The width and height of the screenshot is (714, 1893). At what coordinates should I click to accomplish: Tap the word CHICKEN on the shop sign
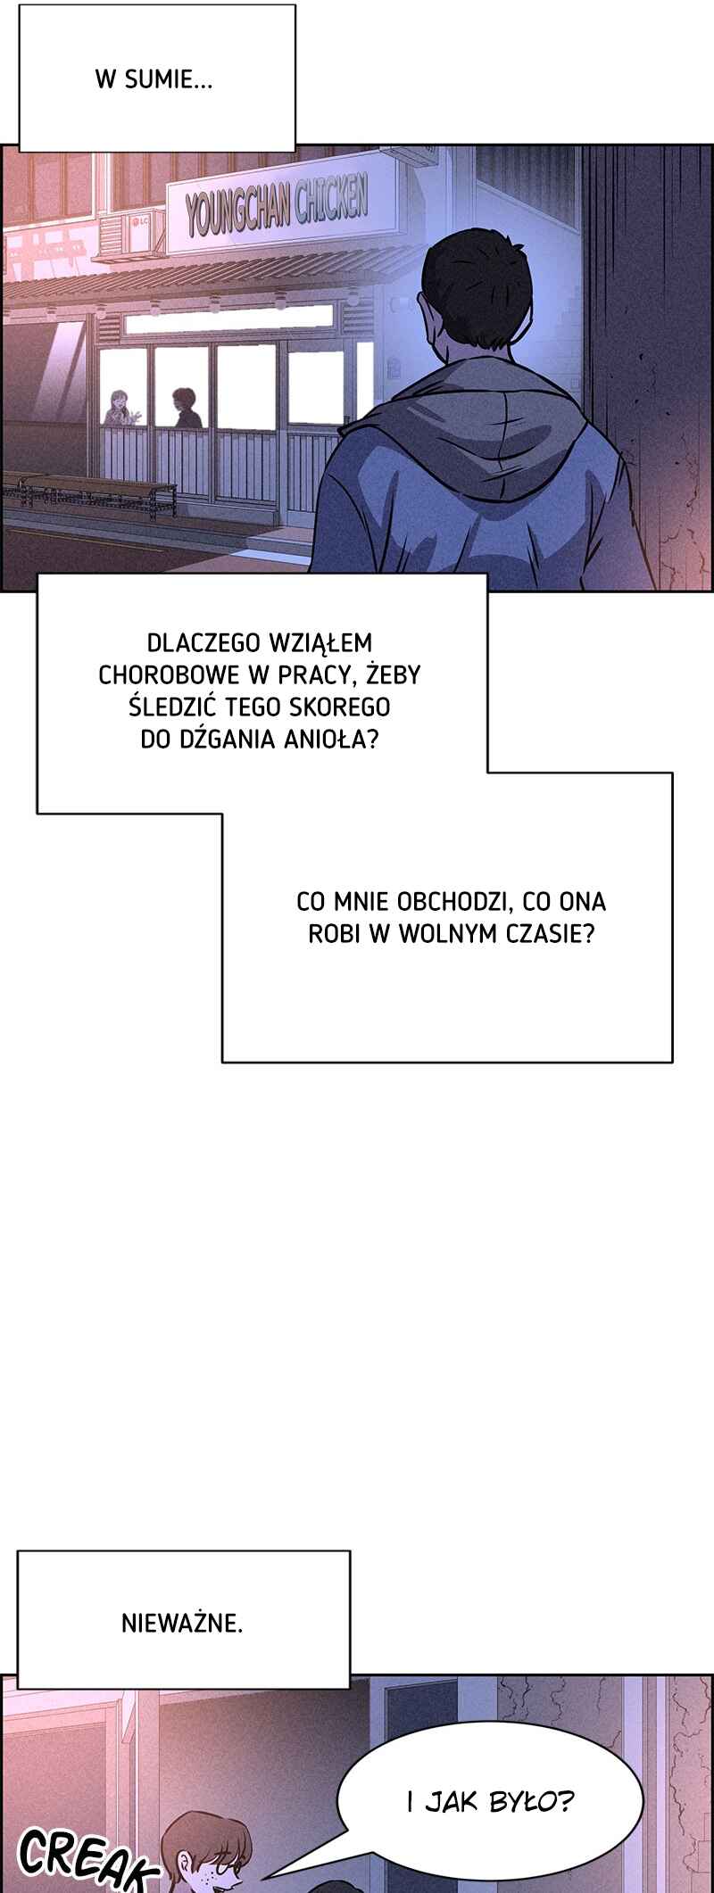click(331, 196)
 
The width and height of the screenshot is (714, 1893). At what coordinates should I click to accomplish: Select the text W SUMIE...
click(154, 80)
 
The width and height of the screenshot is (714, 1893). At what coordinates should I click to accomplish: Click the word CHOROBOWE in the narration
click(163, 674)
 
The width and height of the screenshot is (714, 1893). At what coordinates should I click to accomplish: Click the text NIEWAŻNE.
click(182, 1623)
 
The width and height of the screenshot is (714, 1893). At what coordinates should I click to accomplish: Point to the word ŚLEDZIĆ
click(170, 707)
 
